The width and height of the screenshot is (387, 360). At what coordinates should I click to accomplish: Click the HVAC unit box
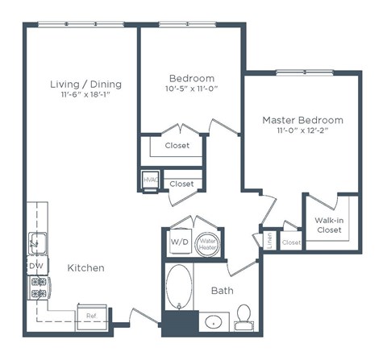pos(150,183)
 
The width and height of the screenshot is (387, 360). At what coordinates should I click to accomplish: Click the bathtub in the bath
pos(180,288)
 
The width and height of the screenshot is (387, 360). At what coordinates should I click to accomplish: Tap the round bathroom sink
pos(213,322)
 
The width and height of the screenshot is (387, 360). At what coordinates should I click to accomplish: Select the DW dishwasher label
pos(35,265)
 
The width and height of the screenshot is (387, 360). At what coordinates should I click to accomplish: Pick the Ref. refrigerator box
pos(91,316)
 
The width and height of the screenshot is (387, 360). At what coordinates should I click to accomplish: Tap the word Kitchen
pos(85,267)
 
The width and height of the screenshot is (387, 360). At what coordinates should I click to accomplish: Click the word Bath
pos(223,290)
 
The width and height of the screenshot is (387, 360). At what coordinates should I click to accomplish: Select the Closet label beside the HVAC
pos(181,184)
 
